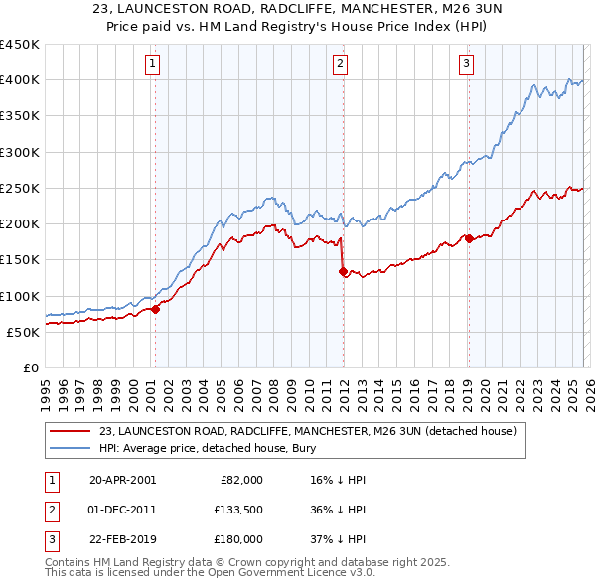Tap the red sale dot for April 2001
click(156, 309)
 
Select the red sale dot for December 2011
click(343, 271)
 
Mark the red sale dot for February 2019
click(468, 238)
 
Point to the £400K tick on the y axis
click(19, 80)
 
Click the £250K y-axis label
click(19, 188)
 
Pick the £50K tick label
click(22, 332)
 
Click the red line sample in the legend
click(71, 432)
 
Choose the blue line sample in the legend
click(71, 448)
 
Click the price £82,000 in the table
click(239, 480)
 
